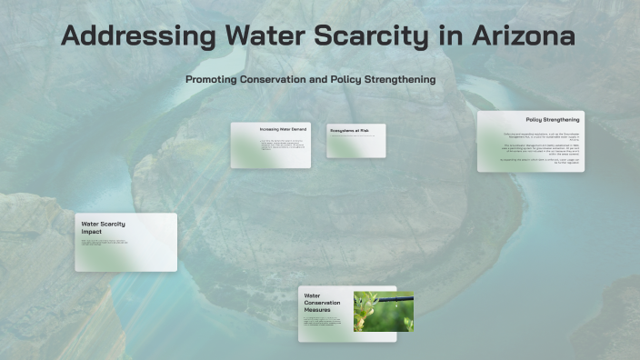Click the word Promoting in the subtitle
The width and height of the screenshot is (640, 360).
click(x=211, y=79)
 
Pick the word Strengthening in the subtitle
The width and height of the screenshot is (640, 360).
click(x=396, y=79)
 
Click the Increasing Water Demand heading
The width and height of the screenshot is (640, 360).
click(x=283, y=130)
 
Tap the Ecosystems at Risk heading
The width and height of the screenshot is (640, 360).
click(x=349, y=131)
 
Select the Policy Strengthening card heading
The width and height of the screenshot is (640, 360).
click(x=552, y=120)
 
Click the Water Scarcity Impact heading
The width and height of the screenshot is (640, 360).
click(x=103, y=227)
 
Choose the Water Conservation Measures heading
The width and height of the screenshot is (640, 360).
click(x=323, y=303)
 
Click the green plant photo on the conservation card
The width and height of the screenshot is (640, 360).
click(x=383, y=311)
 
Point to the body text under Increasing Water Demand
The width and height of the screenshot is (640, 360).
click(x=282, y=145)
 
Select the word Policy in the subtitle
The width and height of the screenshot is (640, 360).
click(x=341, y=79)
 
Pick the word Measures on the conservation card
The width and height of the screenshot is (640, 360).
click(x=317, y=310)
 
